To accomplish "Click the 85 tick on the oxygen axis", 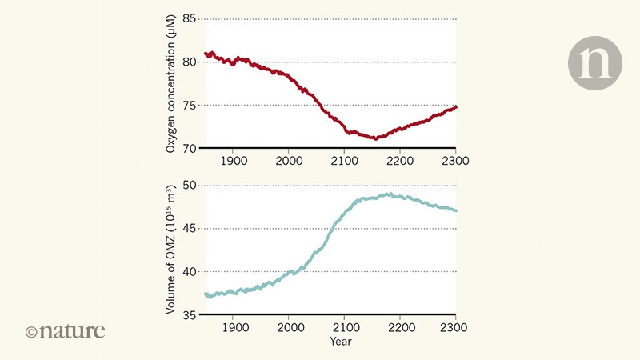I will click(189, 19).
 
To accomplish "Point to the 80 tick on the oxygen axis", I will click(189, 62).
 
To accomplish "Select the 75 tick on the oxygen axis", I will click(189, 106).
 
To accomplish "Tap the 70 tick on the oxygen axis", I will click(189, 149).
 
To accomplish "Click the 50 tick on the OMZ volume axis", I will click(189, 185).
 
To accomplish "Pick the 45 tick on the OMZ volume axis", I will click(189, 228).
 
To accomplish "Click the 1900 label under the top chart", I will click(234, 161).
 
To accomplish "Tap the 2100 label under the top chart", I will click(345, 161).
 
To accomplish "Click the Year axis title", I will click(345, 342).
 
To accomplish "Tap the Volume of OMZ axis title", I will click(170, 250).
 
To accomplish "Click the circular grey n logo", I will click(594, 63).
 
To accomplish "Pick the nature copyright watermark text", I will click(66, 330).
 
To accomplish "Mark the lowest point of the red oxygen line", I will click(374, 138).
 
